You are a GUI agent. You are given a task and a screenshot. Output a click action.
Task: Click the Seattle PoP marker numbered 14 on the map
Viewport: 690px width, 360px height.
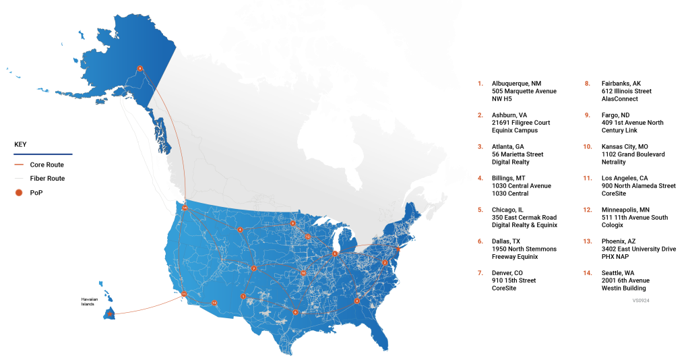[185, 208]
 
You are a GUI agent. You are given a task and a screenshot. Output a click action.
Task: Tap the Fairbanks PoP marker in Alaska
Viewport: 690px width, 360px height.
[139, 68]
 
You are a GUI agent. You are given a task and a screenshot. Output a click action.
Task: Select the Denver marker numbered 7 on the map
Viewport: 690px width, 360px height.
[254, 268]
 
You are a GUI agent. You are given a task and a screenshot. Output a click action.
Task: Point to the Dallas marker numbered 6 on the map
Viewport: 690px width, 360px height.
[295, 311]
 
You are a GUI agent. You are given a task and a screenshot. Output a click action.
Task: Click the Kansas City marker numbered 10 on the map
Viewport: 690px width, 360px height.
[304, 273]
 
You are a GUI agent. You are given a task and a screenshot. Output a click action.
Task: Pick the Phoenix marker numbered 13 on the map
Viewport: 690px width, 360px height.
[214, 303]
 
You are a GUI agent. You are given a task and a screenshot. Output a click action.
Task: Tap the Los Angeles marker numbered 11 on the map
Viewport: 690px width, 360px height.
[183, 294]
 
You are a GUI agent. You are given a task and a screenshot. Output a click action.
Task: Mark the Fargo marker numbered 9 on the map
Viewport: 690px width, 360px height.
[293, 223]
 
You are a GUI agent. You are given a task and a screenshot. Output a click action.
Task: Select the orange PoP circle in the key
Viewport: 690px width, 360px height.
[20, 193]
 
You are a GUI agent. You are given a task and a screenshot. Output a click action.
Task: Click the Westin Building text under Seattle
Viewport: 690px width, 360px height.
[624, 288]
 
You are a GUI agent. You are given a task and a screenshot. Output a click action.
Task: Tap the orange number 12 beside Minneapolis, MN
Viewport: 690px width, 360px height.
[587, 210]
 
